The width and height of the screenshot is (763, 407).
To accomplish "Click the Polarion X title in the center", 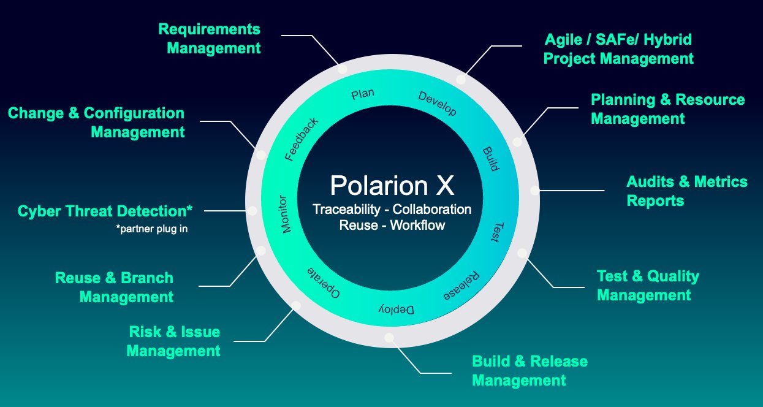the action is (x=392, y=186).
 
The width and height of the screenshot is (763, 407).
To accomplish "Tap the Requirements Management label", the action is (x=210, y=39).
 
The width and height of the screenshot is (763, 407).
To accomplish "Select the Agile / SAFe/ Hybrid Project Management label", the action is (x=618, y=49).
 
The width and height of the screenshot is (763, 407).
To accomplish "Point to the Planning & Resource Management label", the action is (x=667, y=109).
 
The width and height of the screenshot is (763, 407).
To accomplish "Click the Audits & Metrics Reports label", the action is (x=686, y=191).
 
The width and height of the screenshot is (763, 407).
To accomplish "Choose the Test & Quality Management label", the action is (x=648, y=286).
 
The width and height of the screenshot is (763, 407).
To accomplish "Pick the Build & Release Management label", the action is (x=530, y=371).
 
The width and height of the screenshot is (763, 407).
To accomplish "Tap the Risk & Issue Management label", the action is (x=173, y=341).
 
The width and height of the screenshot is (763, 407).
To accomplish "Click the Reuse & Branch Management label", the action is (x=114, y=287).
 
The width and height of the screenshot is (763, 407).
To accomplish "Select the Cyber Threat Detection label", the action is (x=105, y=211).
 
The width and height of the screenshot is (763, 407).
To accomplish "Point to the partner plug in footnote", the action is (x=152, y=229).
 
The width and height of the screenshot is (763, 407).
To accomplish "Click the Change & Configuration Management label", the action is (x=96, y=123).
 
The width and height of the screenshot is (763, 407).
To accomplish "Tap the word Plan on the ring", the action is (x=363, y=94).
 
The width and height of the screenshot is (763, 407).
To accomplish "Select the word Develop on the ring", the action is (x=438, y=104).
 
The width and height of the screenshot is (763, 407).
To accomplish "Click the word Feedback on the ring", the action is (x=301, y=139).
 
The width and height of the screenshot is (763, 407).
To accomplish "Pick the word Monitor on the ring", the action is (x=285, y=214).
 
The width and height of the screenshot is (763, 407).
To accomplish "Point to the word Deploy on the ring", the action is (x=397, y=310).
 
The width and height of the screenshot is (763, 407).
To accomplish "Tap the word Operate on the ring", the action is (x=324, y=283).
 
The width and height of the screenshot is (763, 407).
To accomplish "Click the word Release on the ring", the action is (x=461, y=286).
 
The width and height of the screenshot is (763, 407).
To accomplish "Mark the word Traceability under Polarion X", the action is (x=346, y=210).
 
